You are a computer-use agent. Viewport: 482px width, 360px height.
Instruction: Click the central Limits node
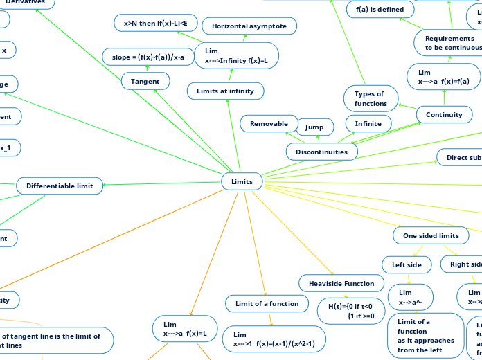coord(242,181)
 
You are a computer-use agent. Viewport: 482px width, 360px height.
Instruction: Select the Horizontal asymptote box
coord(249,26)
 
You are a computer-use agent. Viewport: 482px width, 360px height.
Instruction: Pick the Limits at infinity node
coord(225,91)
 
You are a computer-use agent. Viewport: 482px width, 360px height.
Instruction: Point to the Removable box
coord(269,123)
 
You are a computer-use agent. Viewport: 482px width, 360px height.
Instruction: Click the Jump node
coord(314,127)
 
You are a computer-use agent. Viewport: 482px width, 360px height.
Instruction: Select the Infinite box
coord(368,123)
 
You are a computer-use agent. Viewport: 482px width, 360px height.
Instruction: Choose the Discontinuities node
coord(322,150)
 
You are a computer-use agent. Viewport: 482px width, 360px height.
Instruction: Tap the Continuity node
coord(444,114)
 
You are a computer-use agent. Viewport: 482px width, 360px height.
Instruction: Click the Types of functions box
coord(371,98)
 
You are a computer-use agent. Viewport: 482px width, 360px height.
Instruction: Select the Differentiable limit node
coord(60,186)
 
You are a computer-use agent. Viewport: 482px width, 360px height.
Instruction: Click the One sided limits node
coord(431,235)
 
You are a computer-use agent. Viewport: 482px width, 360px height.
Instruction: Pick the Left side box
coord(407,264)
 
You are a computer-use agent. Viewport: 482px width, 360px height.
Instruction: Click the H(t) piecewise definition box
coord(350,311)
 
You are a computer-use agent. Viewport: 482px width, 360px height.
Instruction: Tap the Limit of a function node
coord(262,303)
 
